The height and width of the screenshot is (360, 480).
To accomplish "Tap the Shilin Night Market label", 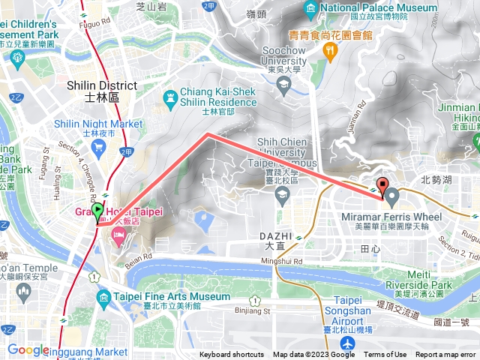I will [x=98, y=124].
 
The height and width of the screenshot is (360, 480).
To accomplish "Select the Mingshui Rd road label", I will [x=281, y=261].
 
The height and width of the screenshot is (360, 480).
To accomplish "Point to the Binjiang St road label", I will [x=251, y=310].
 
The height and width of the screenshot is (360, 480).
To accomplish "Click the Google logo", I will [x=28, y=349].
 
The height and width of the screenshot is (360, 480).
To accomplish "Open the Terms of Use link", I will [x=385, y=355].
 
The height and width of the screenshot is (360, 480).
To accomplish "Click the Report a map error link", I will [x=445, y=355].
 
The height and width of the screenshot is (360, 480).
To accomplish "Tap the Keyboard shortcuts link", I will [x=232, y=355].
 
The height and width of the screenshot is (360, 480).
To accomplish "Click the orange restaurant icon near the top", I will [x=328, y=50].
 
